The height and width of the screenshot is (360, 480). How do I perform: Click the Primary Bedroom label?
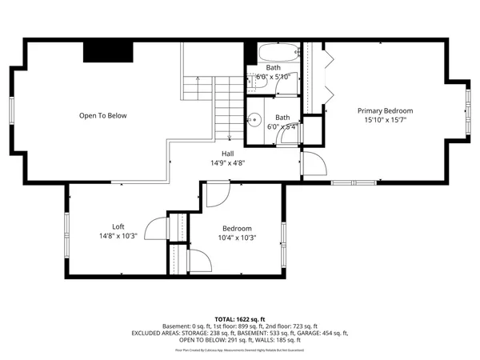click(385, 110)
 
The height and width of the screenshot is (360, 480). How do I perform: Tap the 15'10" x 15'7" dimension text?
click(385, 120)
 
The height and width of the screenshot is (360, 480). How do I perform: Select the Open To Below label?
click(102, 116)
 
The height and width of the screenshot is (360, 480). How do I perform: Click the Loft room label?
click(118, 226)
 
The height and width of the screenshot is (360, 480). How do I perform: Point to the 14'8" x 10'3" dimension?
click(118, 236)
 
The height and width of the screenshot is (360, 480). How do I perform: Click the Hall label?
click(228, 153)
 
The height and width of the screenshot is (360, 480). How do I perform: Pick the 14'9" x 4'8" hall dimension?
click(228, 162)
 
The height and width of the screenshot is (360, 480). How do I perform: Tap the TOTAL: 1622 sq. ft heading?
click(240, 318)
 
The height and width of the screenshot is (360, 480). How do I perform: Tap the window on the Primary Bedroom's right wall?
click(469, 110)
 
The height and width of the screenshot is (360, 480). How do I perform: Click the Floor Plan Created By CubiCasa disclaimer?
click(240, 350)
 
